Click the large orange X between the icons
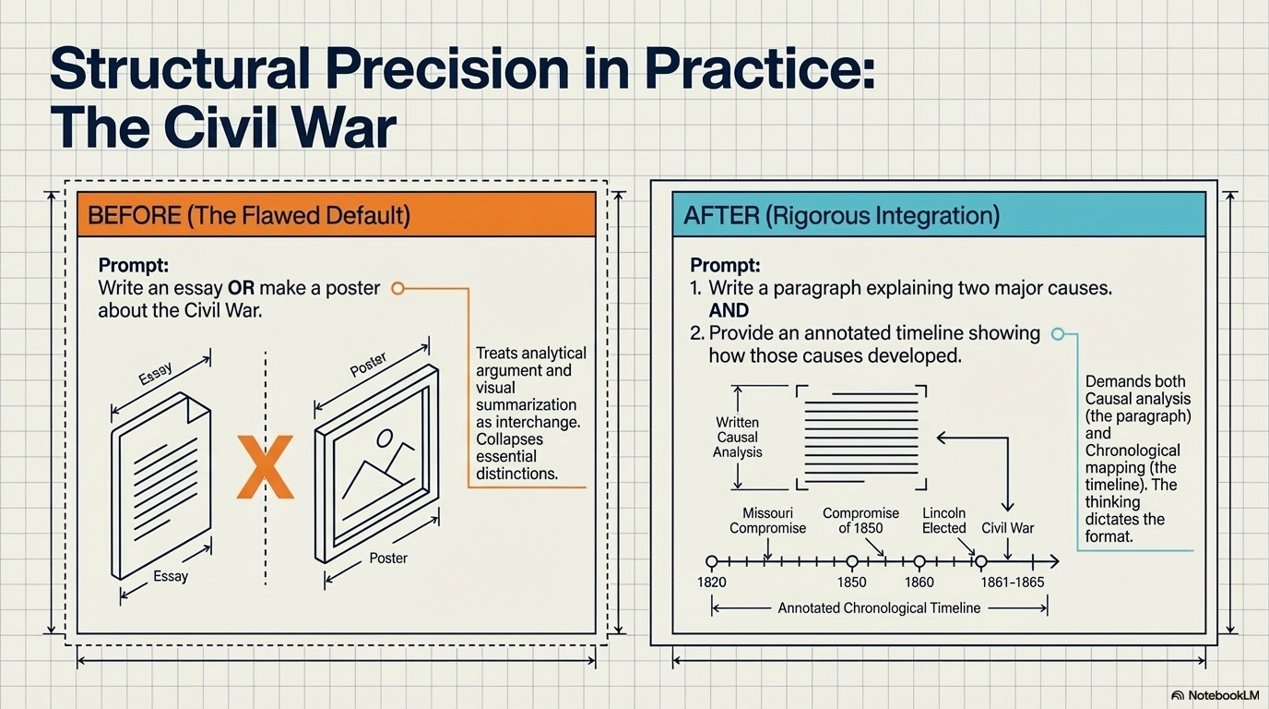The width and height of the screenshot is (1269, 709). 265,468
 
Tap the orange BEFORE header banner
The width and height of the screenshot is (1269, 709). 336,215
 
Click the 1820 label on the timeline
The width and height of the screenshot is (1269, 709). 712,582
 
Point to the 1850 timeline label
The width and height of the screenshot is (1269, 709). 852,582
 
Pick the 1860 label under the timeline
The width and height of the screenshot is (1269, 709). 919,582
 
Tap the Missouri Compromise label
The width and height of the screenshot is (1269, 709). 767,521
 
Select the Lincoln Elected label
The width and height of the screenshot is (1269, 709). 943,521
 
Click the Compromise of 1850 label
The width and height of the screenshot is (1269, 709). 860,521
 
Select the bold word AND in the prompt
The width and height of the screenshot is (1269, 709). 729,310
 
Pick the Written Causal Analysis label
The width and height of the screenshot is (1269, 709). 738,437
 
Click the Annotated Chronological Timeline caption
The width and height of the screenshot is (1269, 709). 879,608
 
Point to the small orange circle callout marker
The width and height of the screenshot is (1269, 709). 397,288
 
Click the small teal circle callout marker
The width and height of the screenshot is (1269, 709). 1058,333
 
